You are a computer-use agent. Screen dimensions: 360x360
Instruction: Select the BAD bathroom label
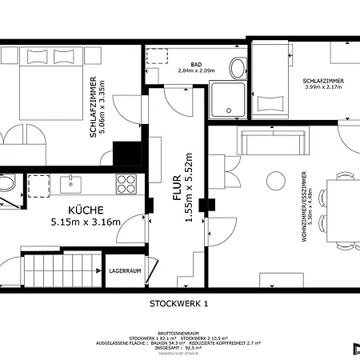pos(196,64)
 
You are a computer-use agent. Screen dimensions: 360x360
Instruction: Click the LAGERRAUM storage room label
pos(125,271)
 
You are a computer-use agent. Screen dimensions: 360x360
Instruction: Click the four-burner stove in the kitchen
pos(126,185)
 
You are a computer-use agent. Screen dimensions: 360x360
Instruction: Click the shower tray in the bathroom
pos(229,99)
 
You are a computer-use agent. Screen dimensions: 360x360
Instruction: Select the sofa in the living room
pos(274,142)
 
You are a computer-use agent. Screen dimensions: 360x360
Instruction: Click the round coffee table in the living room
pos(278,178)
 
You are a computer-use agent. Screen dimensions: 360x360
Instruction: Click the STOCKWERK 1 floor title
pos(178,303)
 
